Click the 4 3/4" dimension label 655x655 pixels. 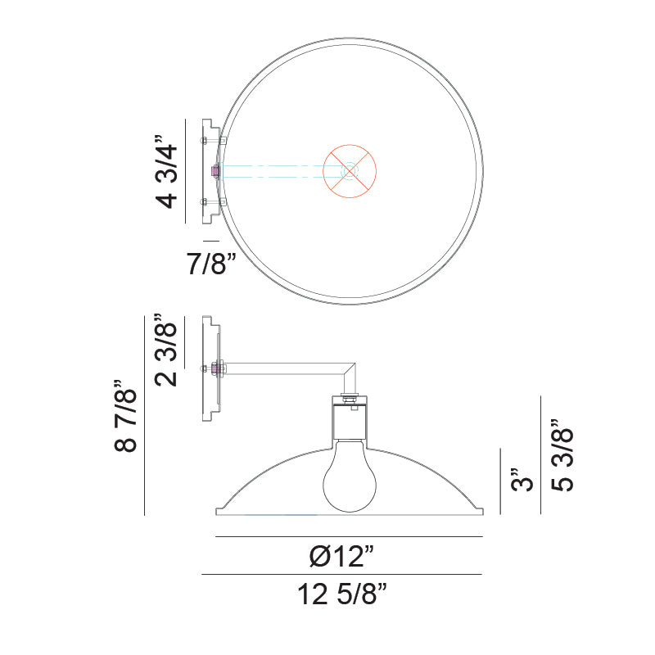tap(165, 172)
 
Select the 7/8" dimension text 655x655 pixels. tap(210, 264)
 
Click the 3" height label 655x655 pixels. tap(521, 480)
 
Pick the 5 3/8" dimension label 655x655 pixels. tap(562, 456)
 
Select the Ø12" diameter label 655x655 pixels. tap(341, 557)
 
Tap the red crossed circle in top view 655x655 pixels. tap(350, 171)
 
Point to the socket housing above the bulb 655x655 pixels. tap(350, 420)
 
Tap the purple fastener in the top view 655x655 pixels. tap(215, 171)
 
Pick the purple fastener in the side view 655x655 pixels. tap(216, 368)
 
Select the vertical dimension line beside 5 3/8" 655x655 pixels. tap(540, 456)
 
